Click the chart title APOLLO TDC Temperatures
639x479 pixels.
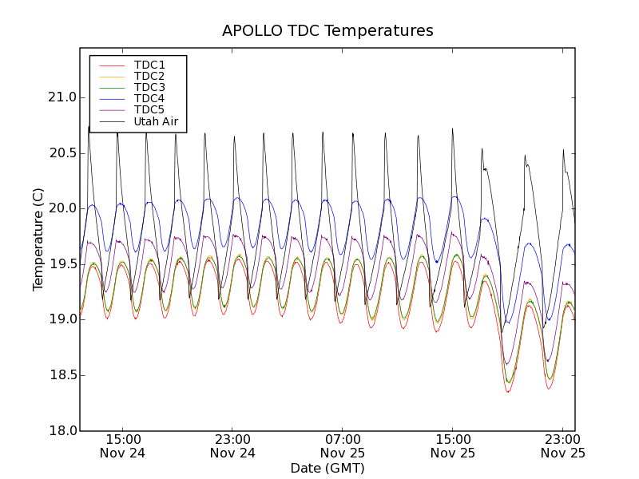pos(327,31)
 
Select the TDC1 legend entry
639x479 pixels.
pos(149,65)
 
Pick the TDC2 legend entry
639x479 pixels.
pos(149,76)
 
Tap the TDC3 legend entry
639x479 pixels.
pos(149,87)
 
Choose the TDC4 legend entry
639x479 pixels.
pos(149,98)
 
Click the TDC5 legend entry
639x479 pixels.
pos(149,109)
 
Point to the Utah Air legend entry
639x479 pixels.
pos(156,121)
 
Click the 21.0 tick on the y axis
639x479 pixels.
pos(62,97)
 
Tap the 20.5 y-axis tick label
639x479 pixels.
pos(62,152)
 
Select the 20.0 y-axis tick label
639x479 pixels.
pos(62,208)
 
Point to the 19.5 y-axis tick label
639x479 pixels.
pos(62,264)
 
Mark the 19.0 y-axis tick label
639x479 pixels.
pos(62,319)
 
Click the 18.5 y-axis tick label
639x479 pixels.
pos(62,375)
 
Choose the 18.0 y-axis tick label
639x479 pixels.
pos(62,431)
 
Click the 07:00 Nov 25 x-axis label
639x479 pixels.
pos(343,445)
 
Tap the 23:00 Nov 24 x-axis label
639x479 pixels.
pos(232,445)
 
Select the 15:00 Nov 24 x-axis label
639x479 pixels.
pos(123,445)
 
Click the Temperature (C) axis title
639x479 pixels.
pos(38,239)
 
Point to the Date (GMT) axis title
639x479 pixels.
pos(327,468)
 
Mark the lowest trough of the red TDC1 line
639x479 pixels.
pos(508,391)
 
